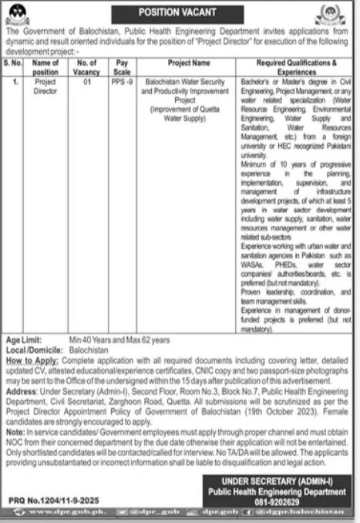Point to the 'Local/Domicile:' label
(32, 349)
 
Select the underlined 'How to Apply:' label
(29, 359)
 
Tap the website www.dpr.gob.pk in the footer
(51, 512)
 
